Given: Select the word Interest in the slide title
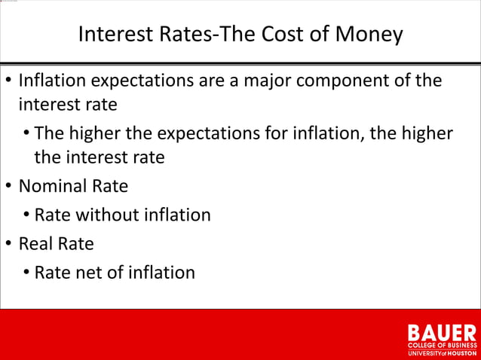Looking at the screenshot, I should [113, 35].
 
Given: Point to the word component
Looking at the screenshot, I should [348, 81].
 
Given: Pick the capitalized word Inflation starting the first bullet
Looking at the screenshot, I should [52, 81].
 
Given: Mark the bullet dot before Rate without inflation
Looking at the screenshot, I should [26, 215].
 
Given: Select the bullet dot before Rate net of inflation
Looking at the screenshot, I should [26, 273].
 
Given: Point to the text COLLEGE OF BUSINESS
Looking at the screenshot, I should [442, 345].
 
